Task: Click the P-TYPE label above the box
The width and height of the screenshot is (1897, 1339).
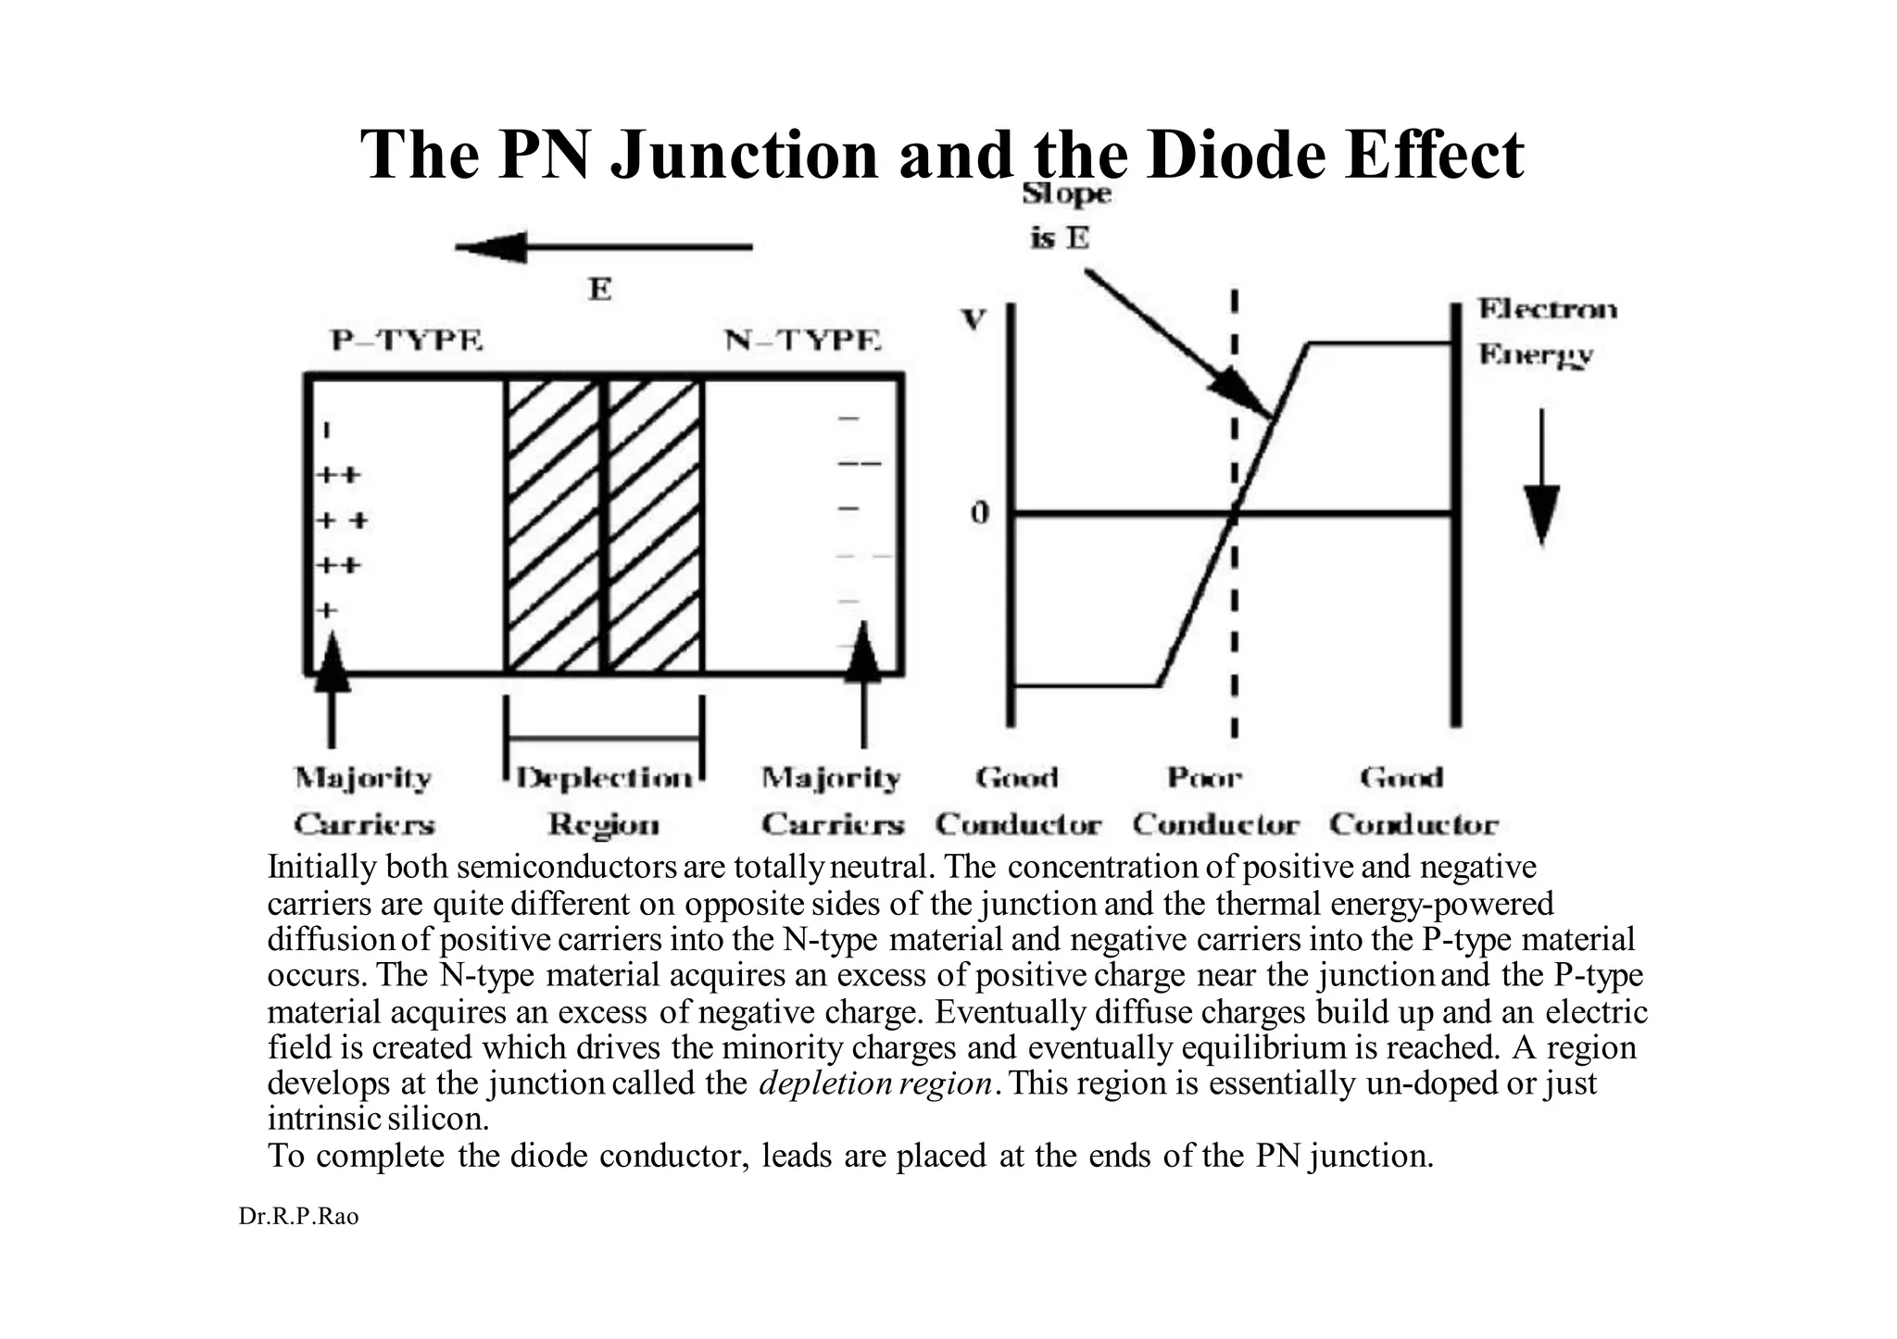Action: click(408, 341)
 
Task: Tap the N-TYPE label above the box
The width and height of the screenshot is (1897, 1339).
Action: click(802, 341)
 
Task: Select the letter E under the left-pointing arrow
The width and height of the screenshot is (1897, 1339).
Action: click(600, 290)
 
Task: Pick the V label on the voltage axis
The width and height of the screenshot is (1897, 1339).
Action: click(974, 320)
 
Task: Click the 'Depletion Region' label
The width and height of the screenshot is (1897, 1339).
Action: click(604, 801)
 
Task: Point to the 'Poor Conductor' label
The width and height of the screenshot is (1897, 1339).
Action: click(1214, 801)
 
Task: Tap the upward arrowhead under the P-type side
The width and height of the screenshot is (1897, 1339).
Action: click(333, 659)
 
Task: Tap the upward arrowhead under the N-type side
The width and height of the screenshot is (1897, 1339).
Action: click(863, 652)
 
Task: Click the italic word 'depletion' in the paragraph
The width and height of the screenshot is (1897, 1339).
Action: click(811, 1082)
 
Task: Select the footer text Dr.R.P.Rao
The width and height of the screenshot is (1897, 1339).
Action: click(298, 1217)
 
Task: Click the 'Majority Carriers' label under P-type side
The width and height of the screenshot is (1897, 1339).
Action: click(364, 801)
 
